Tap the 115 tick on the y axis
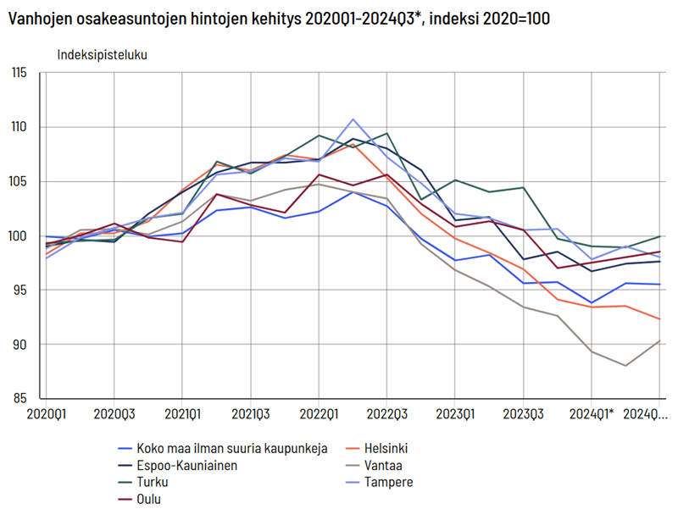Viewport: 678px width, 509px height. point(20,73)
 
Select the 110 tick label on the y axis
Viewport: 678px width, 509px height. point(20,127)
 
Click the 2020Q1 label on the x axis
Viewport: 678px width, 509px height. point(47,413)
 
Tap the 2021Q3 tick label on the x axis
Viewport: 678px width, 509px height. point(251,413)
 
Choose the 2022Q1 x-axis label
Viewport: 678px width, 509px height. point(319,413)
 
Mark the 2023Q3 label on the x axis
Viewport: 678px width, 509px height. point(523,413)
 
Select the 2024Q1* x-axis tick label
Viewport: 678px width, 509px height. point(592,413)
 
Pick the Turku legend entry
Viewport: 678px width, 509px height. point(151,483)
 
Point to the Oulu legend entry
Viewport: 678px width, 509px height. point(149,500)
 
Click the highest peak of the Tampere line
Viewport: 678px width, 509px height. point(353,119)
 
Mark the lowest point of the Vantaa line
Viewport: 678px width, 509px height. point(625,366)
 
